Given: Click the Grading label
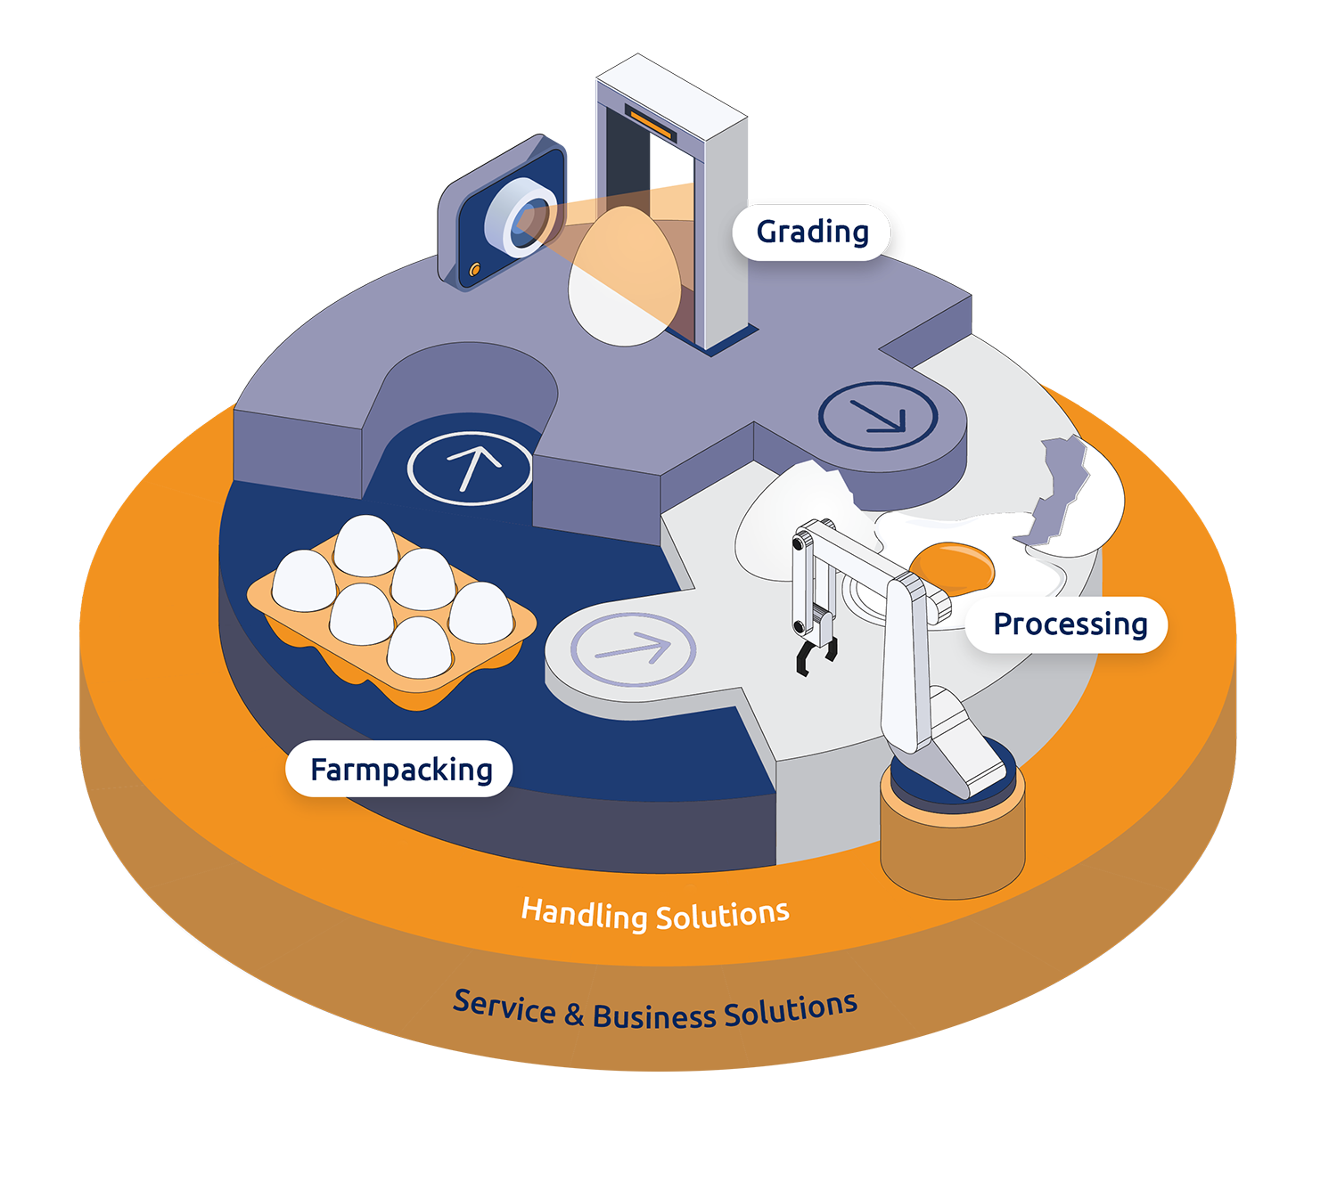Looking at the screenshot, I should (812, 232).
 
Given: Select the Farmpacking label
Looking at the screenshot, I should (400, 770).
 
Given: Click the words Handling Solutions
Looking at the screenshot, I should (655, 915).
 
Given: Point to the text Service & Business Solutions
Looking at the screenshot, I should (655, 1012).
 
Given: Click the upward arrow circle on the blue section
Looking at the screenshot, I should (471, 467).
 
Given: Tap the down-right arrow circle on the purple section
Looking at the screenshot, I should (878, 416).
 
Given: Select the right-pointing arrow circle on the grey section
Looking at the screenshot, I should (633, 649).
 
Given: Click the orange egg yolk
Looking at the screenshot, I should (952, 567).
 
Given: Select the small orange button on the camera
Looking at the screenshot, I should (475, 268).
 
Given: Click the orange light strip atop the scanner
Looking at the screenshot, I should (651, 123).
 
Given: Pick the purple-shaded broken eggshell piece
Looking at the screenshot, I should (1056, 490).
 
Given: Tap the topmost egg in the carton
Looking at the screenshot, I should (365, 545).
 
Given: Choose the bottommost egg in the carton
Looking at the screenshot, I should (419, 648).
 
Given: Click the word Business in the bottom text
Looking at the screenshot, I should (654, 1016).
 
